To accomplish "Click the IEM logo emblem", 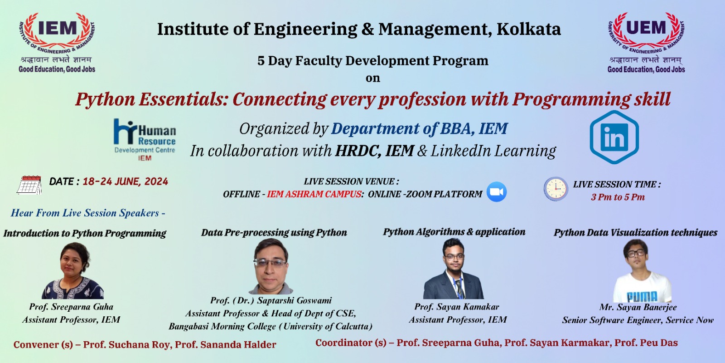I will click(57, 34).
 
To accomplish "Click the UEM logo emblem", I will click(646, 34).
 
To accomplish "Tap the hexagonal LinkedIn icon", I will click(614, 137).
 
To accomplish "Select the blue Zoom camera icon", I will click(497, 191).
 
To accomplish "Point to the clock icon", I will click(556, 188).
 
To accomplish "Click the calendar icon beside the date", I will click(29, 185).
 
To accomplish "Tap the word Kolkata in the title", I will click(528, 29).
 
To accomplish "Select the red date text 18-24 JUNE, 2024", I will click(125, 181).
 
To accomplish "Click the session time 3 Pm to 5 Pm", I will click(618, 197).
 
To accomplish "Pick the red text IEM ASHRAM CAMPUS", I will click(314, 194).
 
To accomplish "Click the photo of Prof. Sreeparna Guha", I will click(73, 271).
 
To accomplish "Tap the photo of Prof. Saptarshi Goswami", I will click(271, 266).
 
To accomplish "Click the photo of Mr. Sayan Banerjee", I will click(642, 271).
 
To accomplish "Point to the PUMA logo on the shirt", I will click(642, 297).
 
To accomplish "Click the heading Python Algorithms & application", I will click(454, 232).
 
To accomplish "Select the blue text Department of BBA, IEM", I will click(419, 129).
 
